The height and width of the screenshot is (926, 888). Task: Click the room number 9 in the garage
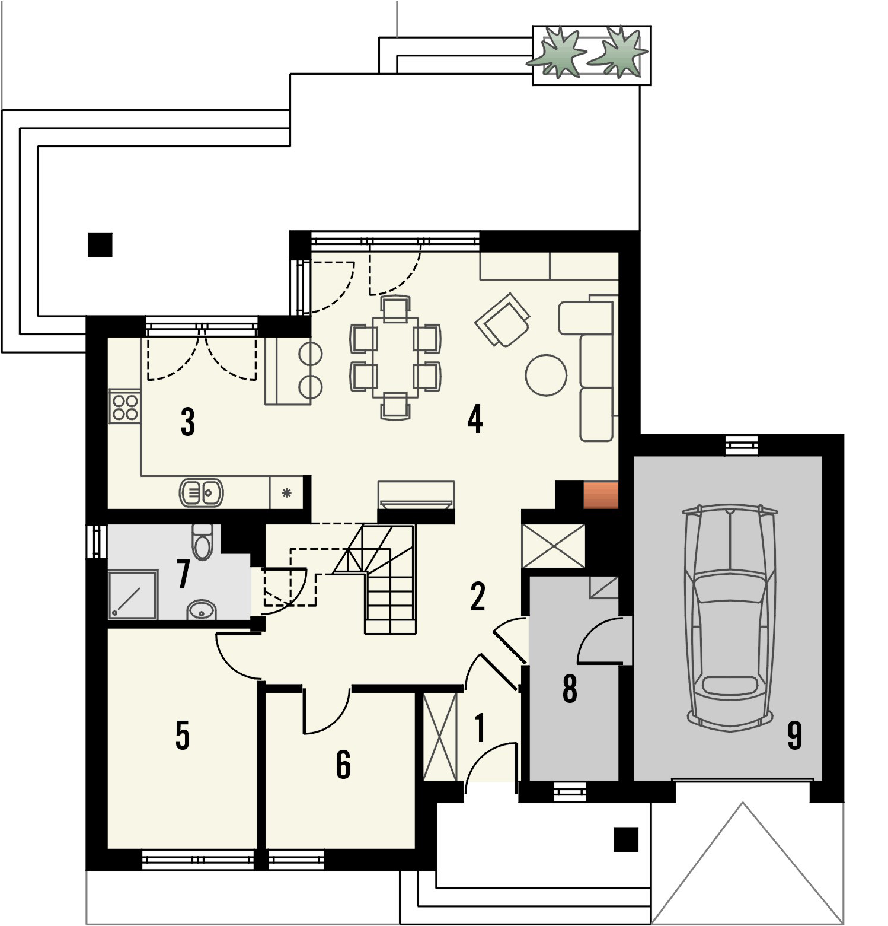click(794, 735)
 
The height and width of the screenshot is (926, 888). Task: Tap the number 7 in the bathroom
click(184, 574)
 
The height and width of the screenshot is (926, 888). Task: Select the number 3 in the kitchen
click(188, 422)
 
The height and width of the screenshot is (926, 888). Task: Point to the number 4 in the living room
click(475, 419)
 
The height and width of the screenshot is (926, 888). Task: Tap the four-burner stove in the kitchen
click(124, 406)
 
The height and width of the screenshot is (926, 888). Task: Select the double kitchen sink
click(201, 492)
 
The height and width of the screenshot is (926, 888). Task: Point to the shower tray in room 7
click(133, 594)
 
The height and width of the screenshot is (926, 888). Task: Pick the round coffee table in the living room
click(546, 375)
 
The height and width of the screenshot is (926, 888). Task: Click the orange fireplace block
click(601, 495)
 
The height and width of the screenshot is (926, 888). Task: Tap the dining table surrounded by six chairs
click(395, 357)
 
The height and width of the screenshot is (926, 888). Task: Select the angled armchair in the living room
click(502, 320)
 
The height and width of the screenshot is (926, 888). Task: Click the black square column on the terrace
click(100, 244)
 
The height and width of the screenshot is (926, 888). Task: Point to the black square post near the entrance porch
click(626, 839)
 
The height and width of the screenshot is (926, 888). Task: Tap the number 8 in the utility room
click(570, 688)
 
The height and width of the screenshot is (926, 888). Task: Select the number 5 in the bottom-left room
click(183, 735)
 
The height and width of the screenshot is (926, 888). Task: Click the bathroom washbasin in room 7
click(202, 609)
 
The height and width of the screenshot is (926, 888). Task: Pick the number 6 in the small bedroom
click(343, 764)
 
